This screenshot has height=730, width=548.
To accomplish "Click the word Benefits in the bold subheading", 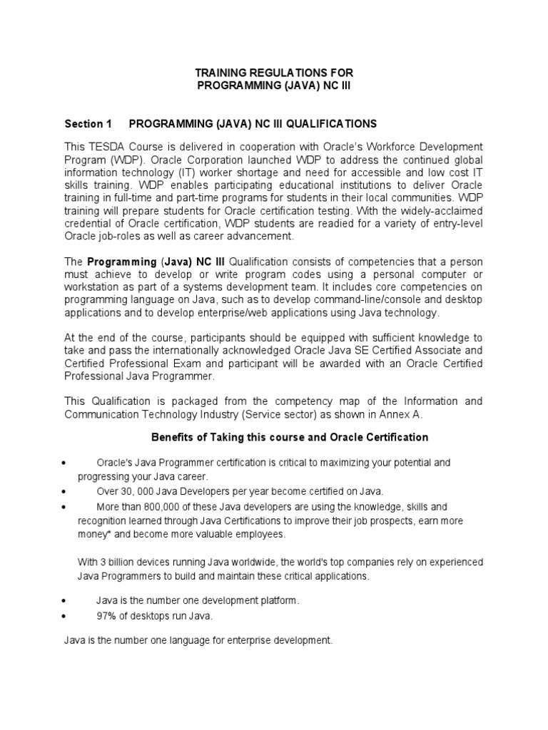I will (x=172, y=437).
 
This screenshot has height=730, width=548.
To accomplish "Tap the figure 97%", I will (x=106, y=616).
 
